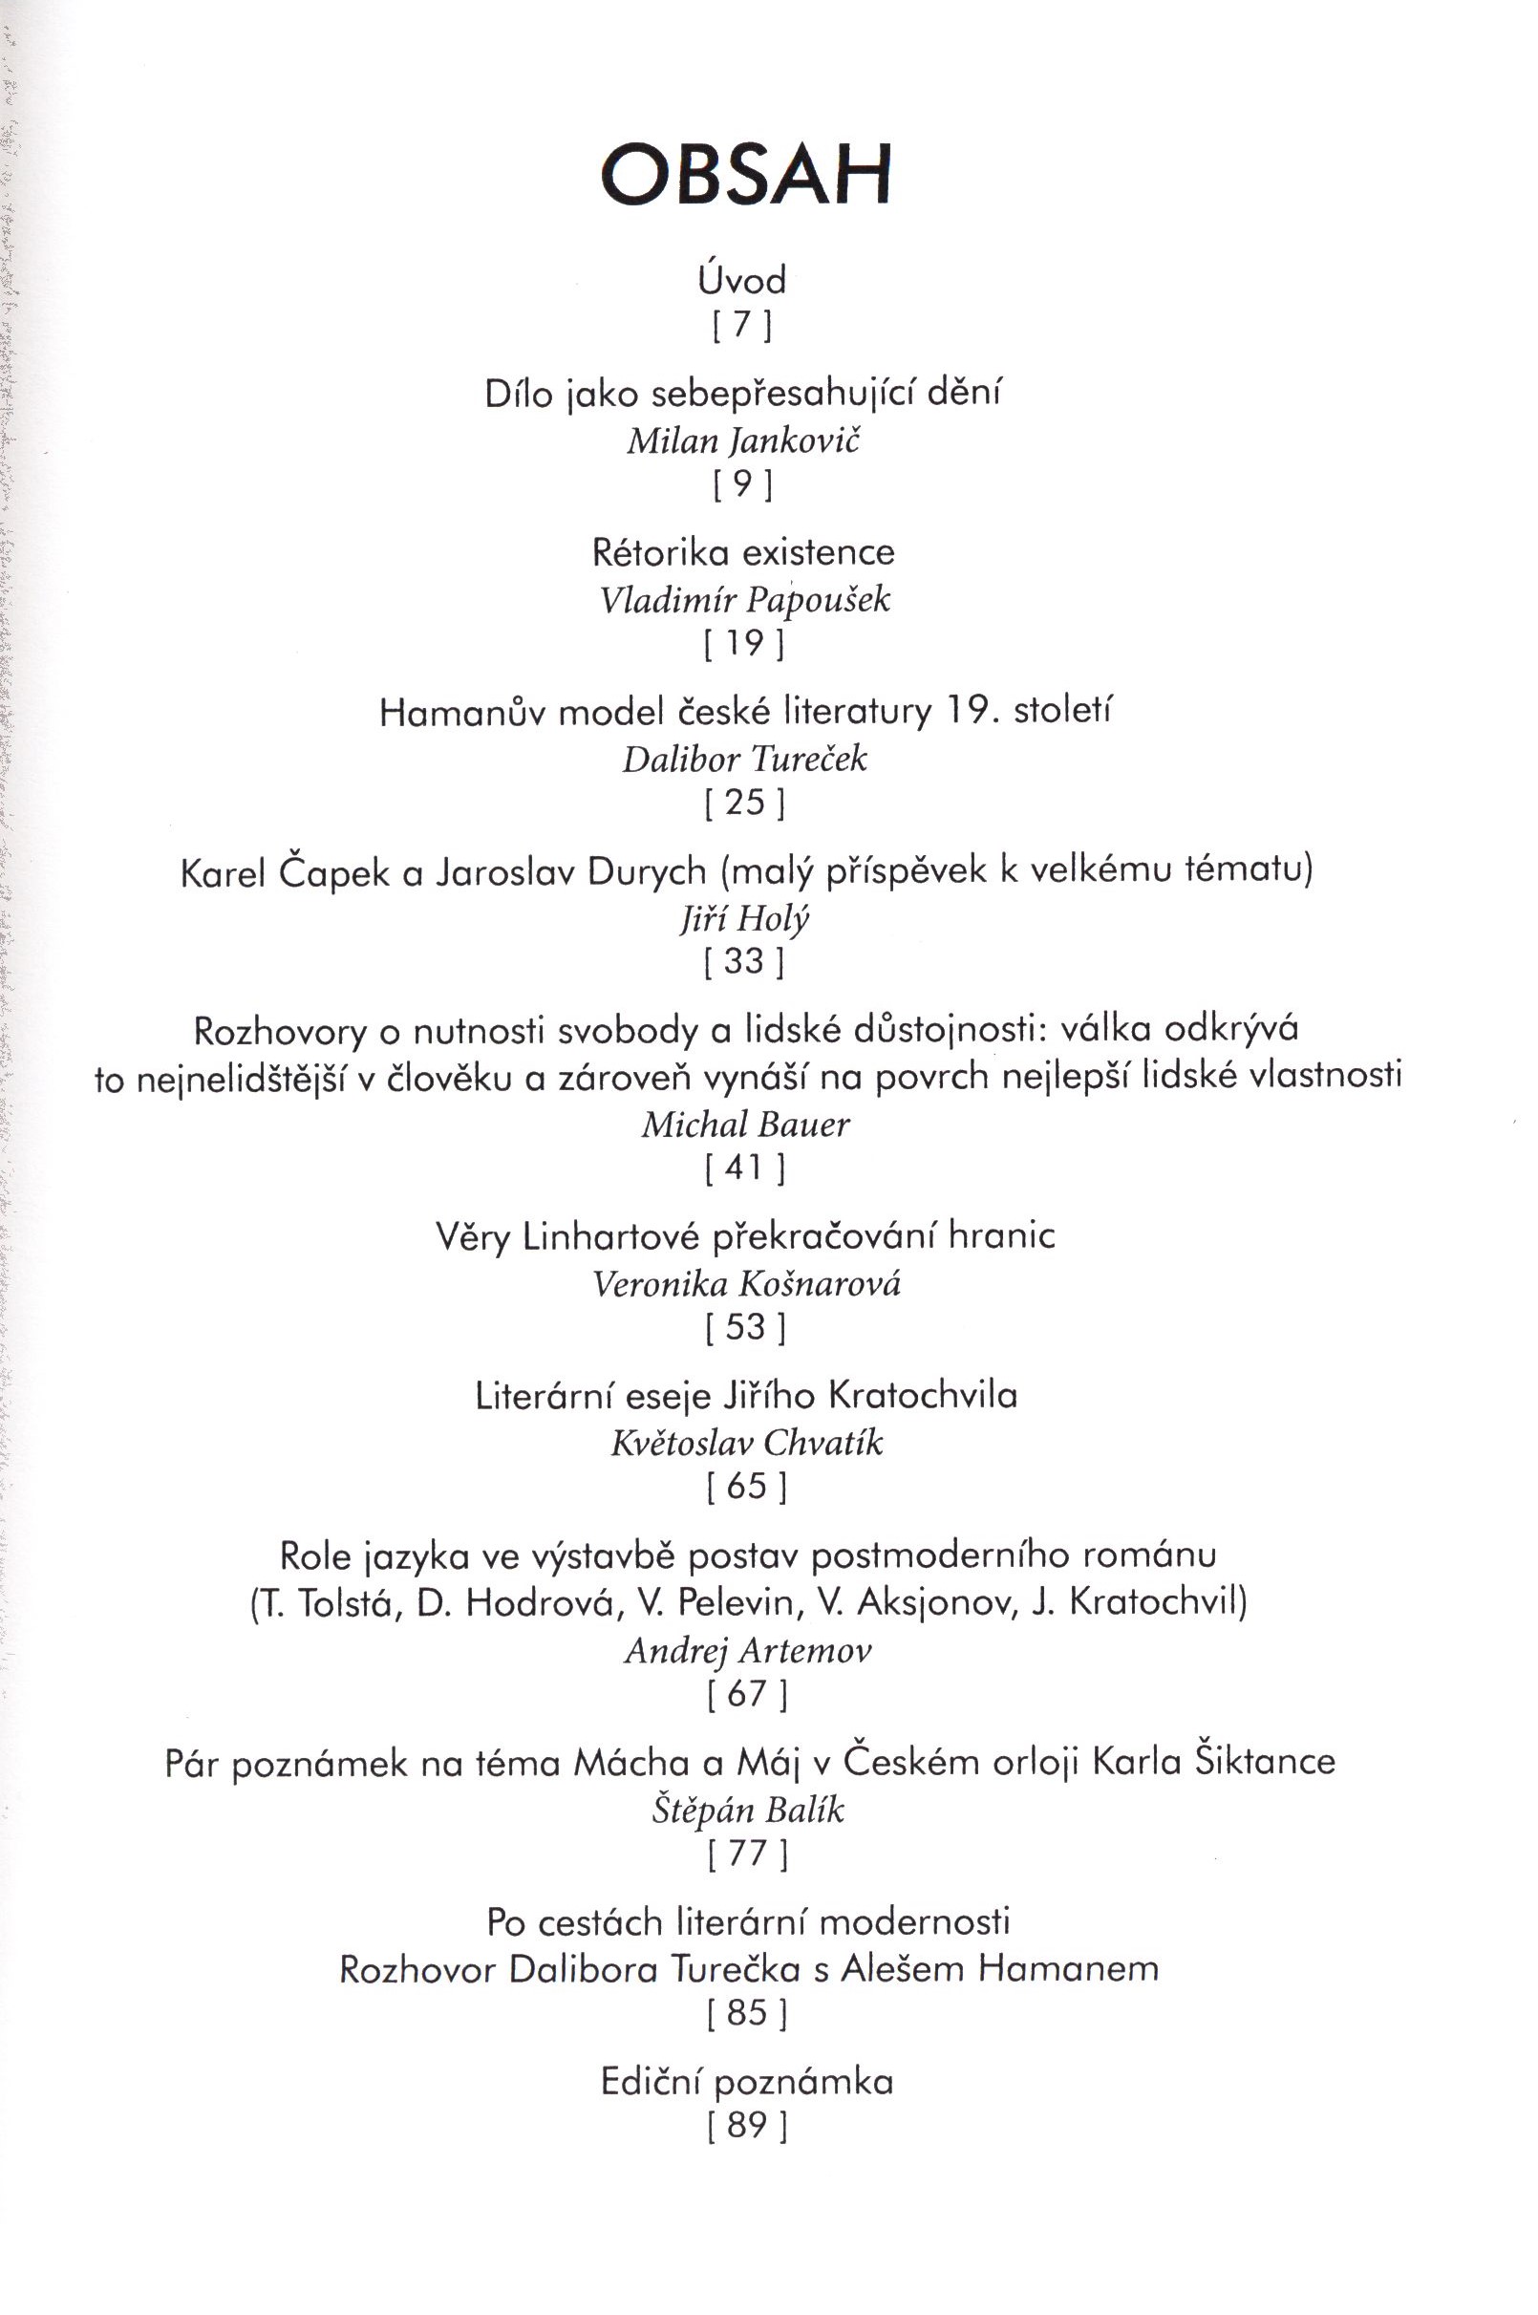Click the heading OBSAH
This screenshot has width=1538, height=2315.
click(745, 175)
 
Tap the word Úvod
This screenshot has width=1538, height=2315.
click(742, 282)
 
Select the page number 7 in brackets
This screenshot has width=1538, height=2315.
click(742, 325)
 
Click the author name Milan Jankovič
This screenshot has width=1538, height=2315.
click(742, 441)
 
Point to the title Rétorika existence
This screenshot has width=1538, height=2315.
click(743, 552)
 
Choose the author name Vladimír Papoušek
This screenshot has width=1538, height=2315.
click(744, 599)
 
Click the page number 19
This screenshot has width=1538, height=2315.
click(744, 644)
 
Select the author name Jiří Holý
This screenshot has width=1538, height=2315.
click(744, 918)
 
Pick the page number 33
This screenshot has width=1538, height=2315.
click(744, 961)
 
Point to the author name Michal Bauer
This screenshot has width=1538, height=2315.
click(745, 1125)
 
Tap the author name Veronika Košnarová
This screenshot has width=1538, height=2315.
click(745, 1284)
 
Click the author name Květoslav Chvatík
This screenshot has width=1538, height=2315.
click(746, 1443)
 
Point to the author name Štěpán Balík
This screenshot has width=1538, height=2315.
click(747, 1810)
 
